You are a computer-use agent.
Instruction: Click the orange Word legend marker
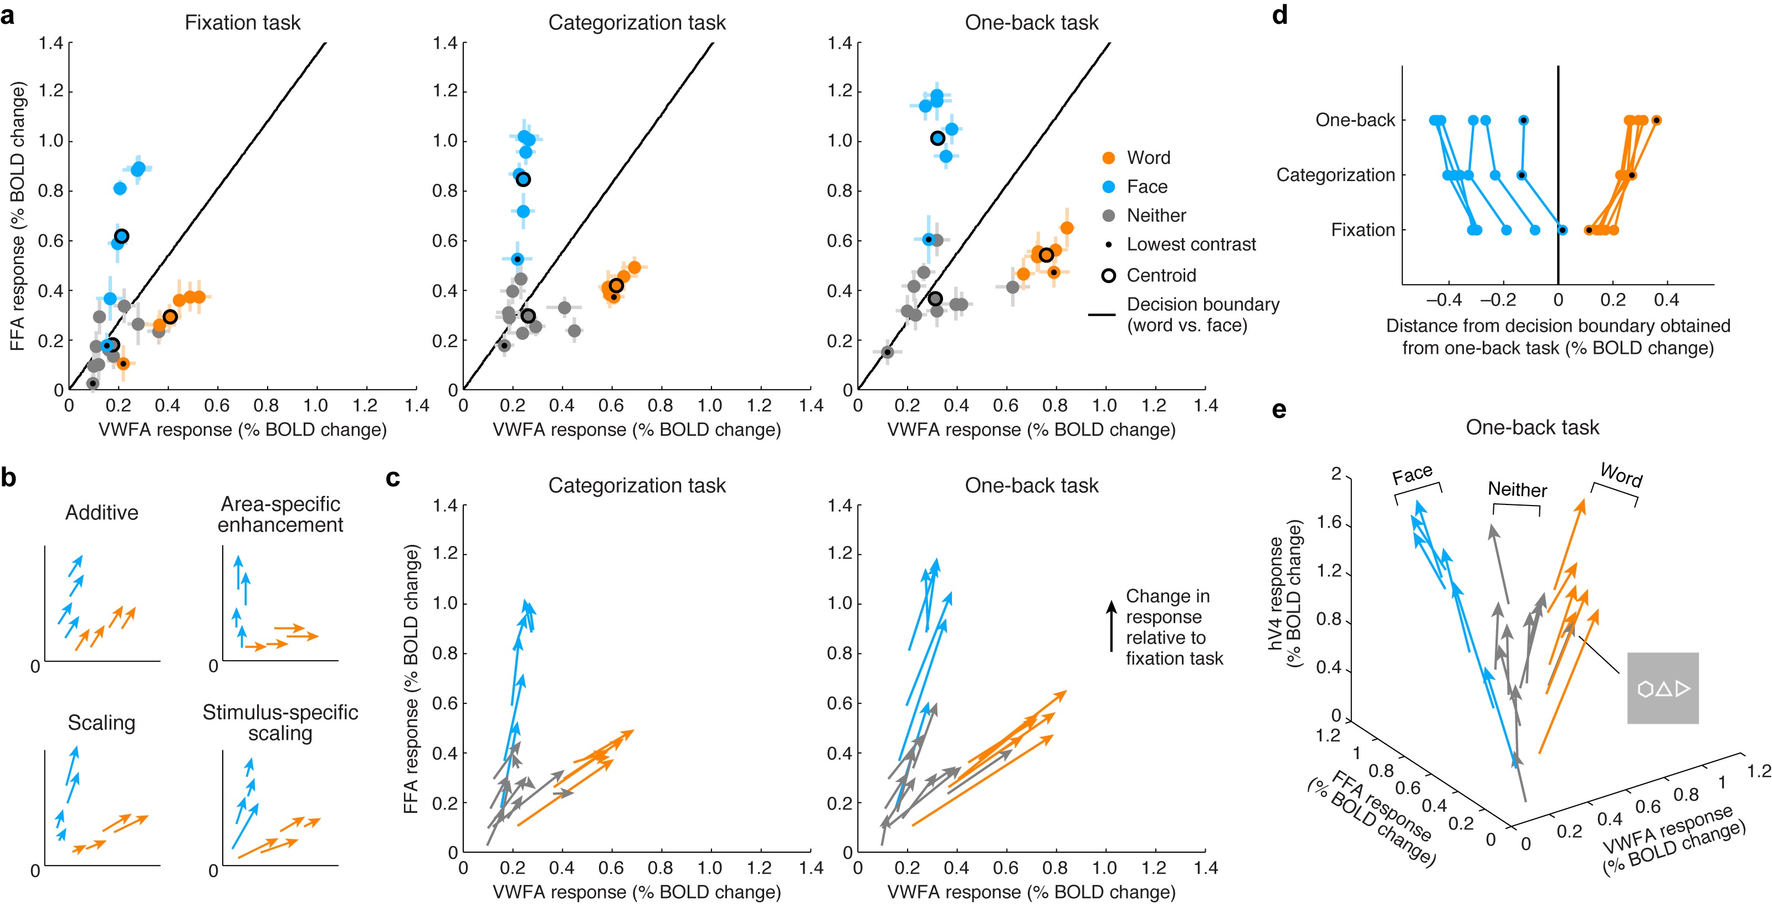tap(1108, 157)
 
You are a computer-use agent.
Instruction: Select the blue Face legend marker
tap(1108, 187)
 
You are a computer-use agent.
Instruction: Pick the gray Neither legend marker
tap(1108, 215)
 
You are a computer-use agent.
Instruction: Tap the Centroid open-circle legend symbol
tap(1108, 275)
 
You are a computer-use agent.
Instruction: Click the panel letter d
tap(1279, 15)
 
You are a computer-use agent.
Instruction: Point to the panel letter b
tap(8, 477)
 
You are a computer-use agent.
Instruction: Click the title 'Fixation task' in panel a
tap(242, 23)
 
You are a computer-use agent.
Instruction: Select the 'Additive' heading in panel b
tap(102, 512)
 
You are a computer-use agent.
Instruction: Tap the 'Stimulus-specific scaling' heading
tap(280, 722)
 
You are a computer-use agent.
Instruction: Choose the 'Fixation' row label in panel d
tap(1362, 230)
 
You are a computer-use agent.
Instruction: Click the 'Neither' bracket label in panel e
tap(1517, 489)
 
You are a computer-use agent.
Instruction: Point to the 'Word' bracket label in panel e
tap(1621, 475)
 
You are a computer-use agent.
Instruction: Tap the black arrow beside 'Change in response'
tap(1111, 626)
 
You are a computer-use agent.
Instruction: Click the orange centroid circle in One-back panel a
tap(1046, 255)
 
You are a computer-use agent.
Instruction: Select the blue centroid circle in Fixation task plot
tap(121, 236)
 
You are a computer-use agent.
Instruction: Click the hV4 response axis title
tap(1285, 594)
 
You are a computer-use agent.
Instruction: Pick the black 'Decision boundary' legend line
tap(1102, 315)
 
